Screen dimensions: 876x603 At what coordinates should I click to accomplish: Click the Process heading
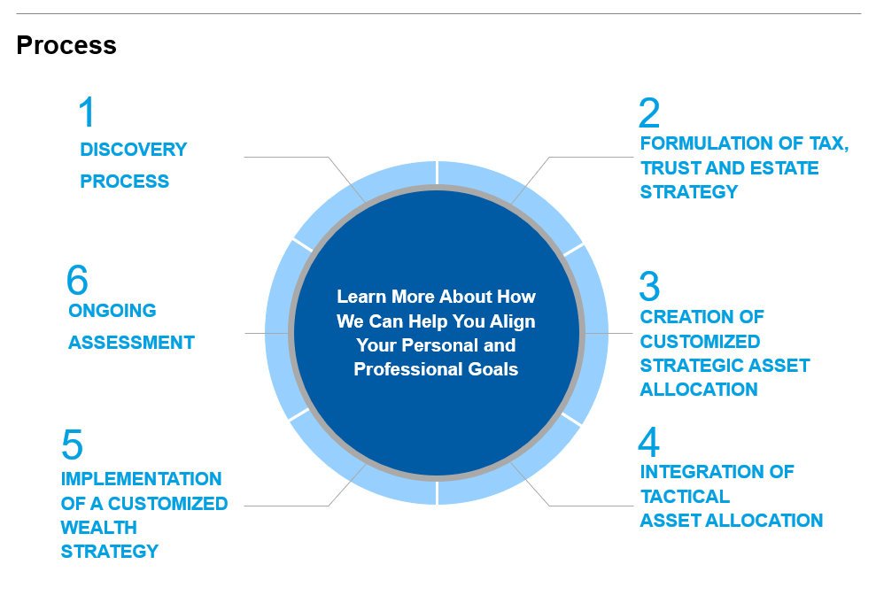pyautogui.click(x=66, y=45)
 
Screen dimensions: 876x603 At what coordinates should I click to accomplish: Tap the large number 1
pyautogui.click(x=87, y=112)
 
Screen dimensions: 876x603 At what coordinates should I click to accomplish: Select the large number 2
pyautogui.click(x=649, y=112)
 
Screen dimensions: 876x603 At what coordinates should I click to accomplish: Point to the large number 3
pyautogui.click(x=649, y=286)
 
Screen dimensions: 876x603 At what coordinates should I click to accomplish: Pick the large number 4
pyautogui.click(x=648, y=442)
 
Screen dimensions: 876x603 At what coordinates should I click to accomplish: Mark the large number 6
pyautogui.click(x=77, y=279)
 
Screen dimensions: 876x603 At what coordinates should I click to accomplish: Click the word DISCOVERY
pyautogui.click(x=134, y=150)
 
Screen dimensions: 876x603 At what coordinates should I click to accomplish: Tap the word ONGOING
pyautogui.click(x=112, y=311)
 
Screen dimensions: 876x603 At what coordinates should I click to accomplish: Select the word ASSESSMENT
pyautogui.click(x=131, y=343)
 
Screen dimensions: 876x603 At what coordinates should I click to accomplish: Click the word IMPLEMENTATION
pyautogui.click(x=142, y=478)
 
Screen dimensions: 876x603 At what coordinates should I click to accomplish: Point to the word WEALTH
pyautogui.click(x=99, y=527)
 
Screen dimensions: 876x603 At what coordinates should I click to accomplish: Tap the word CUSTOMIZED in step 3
pyautogui.click(x=700, y=341)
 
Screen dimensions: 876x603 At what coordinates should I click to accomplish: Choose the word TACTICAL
pyautogui.click(x=685, y=497)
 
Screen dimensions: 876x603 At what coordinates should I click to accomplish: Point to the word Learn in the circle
pyautogui.click(x=361, y=297)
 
